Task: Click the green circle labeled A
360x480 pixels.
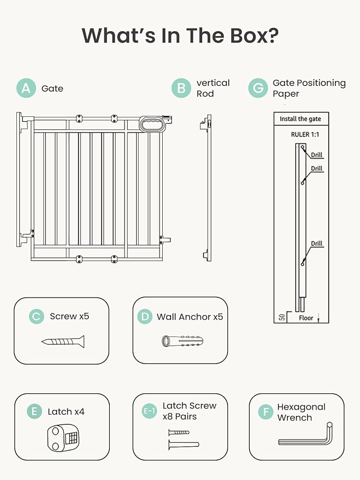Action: (x=26, y=88)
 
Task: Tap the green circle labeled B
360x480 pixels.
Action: (x=181, y=88)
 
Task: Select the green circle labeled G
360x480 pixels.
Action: (x=258, y=88)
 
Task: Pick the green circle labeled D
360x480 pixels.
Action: (x=144, y=316)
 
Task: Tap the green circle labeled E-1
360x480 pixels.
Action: (x=149, y=411)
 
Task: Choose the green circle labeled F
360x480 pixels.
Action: (x=266, y=412)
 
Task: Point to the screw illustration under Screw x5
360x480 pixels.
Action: (x=63, y=341)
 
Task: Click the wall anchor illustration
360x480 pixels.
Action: (x=182, y=341)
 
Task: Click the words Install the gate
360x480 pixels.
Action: (x=300, y=119)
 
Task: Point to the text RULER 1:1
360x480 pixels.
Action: (x=306, y=134)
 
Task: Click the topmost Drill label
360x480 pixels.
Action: (x=317, y=155)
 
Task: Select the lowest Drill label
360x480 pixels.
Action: (x=317, y=244)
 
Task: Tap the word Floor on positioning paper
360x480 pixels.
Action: (x=306, y=317)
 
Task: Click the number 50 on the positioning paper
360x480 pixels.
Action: (x=281, y=317)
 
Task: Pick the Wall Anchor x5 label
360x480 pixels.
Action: (x=190, y=317)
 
